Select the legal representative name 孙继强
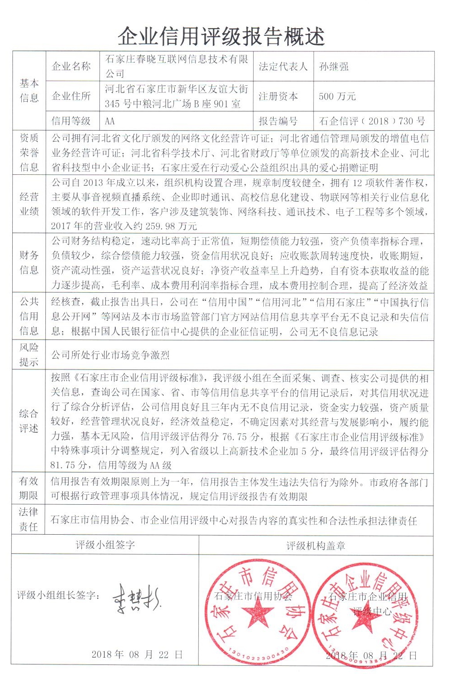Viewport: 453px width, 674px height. [334, 67]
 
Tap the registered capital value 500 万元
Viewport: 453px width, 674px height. [337, 96]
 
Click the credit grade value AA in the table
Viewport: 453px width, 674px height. [110, 121]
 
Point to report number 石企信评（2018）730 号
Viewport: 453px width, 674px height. [372, 121]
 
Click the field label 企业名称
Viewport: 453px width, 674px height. [71, 67]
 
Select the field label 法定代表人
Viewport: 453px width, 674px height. [283, 67]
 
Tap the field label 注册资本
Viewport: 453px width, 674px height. [278, 96]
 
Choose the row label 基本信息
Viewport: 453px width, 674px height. [29, 90]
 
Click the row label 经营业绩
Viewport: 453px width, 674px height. [29, 204]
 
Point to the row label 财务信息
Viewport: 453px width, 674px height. [29, 262]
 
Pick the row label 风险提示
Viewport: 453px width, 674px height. [29, 354]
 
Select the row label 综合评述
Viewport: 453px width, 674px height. [29, 421]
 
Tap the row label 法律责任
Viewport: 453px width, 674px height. [29, 519]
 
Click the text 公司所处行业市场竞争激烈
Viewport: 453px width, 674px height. [110, 355]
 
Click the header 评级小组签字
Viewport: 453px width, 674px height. [105, 545]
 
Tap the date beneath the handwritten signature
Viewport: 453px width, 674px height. [137, 654]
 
